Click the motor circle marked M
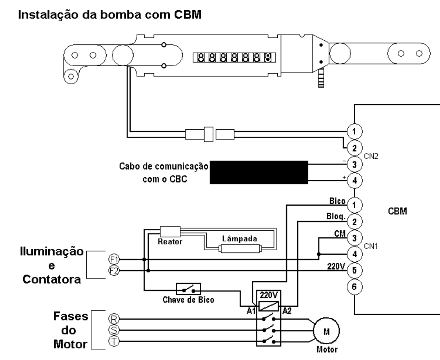pyautogui.click(x=326, y=331)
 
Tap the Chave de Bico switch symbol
pyautogui.click(x=188, y=289)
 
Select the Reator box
pyautogui.click(x=170, y=232)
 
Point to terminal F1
pyautogui.click(x=114, y=259)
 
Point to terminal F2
pyautogui.click(x=114, y=271)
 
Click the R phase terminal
pyautogui.click(x=114, y=319)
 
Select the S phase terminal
pyautogui.click(x=114, y=330)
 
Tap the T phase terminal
pyautogui.click(x=114, y=341)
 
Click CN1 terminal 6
pyautogui.click(x=354, y=287)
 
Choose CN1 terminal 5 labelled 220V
pyautogui.click(x=354, y=271)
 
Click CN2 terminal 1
pyautogui.click(x=354, y=131)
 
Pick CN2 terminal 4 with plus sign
pyautogui.click(x=354, y=180)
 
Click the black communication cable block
pyautogui.click(x=259, y=172)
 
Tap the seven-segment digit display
pyautogui.click(x=234, y=58)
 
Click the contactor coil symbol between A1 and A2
pyautogui.click(x=268, y=306)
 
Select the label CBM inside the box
pyautogui.click(x=397, y=211)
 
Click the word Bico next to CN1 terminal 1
pyautogui.click(x=337, y=201)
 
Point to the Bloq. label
pyautogui.click(x=336, y=217)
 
